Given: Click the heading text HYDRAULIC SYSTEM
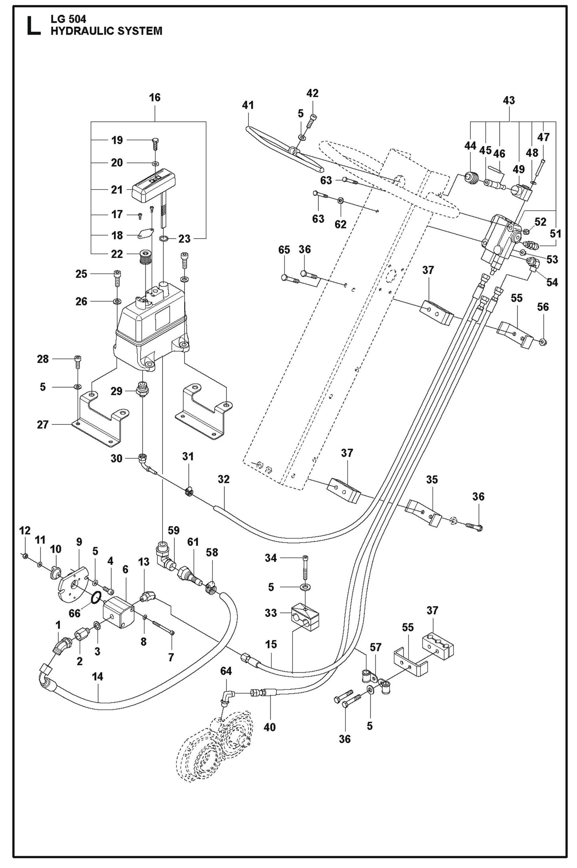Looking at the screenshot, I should (x=106, y=31).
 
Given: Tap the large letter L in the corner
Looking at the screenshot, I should (x=34, y=26).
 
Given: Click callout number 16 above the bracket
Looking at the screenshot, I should (x=155, y=97).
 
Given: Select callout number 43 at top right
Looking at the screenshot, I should (x=509, y=100).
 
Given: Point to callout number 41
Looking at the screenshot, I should (x=248, y=105).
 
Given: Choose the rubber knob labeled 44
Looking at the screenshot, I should (x=472, y=177).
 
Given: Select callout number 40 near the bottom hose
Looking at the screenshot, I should (x=270, y=727).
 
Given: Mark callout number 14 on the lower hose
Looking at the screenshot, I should (x=97, y=676).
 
